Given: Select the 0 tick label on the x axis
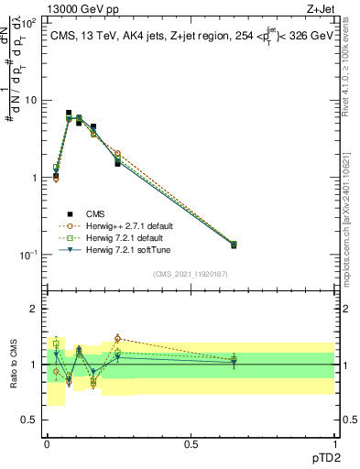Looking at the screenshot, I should tap(47, 444).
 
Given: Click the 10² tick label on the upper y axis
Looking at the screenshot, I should tap(29, 23).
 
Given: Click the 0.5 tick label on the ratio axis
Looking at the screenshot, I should tap(29, 420).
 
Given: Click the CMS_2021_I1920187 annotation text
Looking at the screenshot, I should tap(190, 274).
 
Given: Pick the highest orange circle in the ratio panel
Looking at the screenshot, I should tap(117, 338).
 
